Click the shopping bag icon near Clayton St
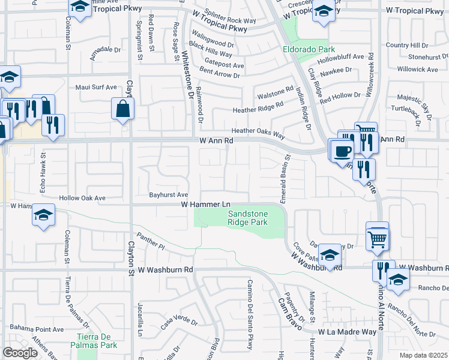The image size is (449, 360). coord(122,109)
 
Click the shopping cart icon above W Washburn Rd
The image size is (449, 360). coord(378,239)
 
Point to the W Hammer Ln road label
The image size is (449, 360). coord(206,205)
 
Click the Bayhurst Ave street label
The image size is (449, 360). coord(169,195)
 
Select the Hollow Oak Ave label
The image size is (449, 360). coord(82,198)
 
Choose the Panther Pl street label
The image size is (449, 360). coord(150,241)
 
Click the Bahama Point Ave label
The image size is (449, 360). coord(36,329)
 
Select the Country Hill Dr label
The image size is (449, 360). coord(407,45)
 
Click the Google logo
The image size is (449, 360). coord(20,352)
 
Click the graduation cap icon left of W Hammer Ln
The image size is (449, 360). coord(43,216)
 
